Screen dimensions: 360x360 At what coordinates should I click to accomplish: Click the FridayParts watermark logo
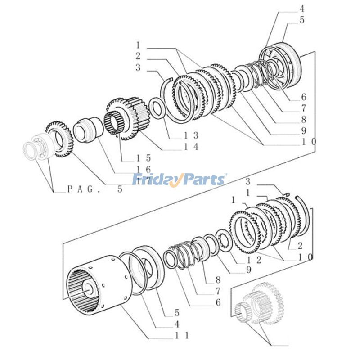(180, 180)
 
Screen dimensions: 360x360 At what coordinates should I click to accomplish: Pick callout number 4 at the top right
(302, 8)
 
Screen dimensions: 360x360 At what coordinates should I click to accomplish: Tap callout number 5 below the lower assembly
(177, 312)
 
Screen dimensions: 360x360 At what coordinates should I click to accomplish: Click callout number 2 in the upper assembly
(138, 56)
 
